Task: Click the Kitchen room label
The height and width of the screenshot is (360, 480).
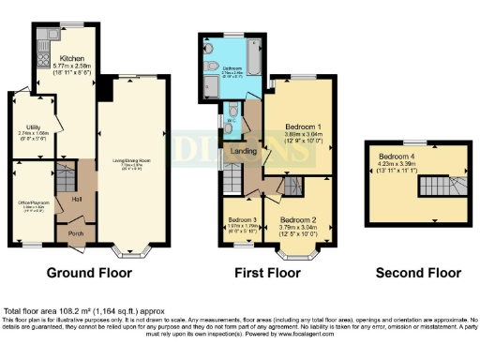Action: point(71,58)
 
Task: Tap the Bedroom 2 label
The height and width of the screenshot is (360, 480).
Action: point(298,221)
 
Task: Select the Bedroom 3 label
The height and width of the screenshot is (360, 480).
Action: point(242,220)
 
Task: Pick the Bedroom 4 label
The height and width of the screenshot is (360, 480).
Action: point(395,157)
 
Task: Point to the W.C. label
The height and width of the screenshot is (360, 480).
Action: point(231,120)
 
